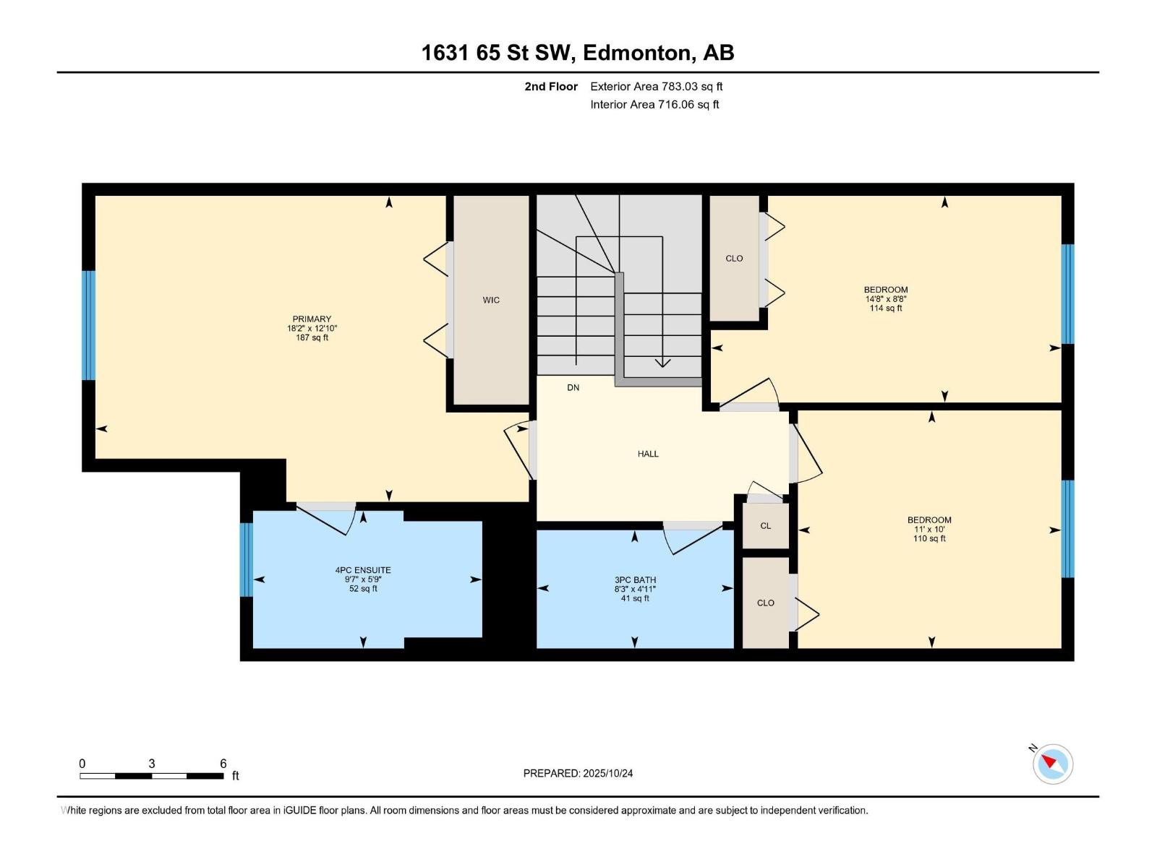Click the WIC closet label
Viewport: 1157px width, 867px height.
pyautogui.click(x=491, y=300)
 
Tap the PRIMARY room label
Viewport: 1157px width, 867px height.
pyautogui.click(x=312, y=319)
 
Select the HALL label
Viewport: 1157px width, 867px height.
pyautogui.click(x=648, y=454)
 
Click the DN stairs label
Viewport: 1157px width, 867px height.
pyautogui.click(x=573, y=388)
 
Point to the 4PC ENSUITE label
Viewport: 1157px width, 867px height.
pyautogui.click(x=363, y=570)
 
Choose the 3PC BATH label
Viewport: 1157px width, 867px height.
pyautogui.click(x=635, y=579)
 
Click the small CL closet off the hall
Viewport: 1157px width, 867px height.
pyautogui.click(x=765, y=526)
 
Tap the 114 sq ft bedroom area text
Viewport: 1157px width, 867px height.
pyautogui.click(x=886, y=309)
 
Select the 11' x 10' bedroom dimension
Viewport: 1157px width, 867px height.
pyautogui.click(x=929, y=530)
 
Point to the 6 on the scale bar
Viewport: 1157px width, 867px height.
pyautogui.click(x=223, y=764)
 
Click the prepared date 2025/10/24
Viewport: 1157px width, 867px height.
pyautogui.click(x=578, y=773)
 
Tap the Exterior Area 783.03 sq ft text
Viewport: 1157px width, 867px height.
pyautogui.click(x=656, y=87)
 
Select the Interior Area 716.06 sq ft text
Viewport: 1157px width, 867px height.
pyautogui.click(x=654, y=105)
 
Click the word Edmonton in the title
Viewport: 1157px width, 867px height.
pyautogui.click(x=636, y=53)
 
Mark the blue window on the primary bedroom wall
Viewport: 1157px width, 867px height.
pyautogui.click(x=88, y=325)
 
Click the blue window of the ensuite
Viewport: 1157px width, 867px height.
pyautogui.click(x=246, y=559)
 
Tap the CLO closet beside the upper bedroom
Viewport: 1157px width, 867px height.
pyautogui.click(x=734, y=259)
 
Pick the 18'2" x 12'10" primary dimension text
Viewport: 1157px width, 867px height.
pyautogui.click(x=312, y=328)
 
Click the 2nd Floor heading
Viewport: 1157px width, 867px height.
pyautogui.click(x=551, y=87)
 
